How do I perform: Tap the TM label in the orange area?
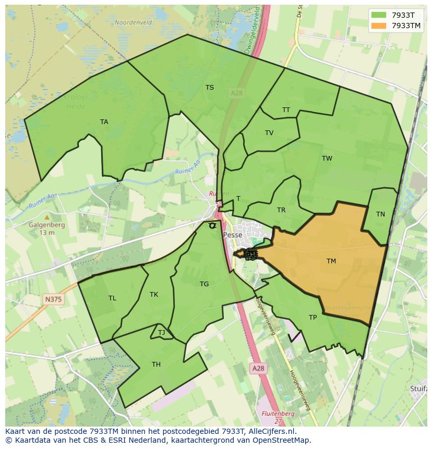[x=331, y=261]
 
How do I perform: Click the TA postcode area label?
[x=104, y=122]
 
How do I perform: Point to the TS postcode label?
[x=209, y=88]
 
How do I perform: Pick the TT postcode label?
[x=286, y=110]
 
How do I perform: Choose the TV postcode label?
[x=269, y=133]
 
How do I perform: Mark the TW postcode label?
[x=327, y=159]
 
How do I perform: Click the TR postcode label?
[x=281, y=210]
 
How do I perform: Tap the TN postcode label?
[x=380, y=214]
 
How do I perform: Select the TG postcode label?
[x=204, y=284]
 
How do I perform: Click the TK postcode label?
[x=154, y=295]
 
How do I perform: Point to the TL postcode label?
[x=112, y=298]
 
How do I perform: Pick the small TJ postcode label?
[x=161, y=333]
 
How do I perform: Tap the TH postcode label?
[x=156, y=365]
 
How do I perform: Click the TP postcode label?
[x=313, y=318]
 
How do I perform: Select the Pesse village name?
[x=233, y=235]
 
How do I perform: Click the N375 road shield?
[x=53, y=299]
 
